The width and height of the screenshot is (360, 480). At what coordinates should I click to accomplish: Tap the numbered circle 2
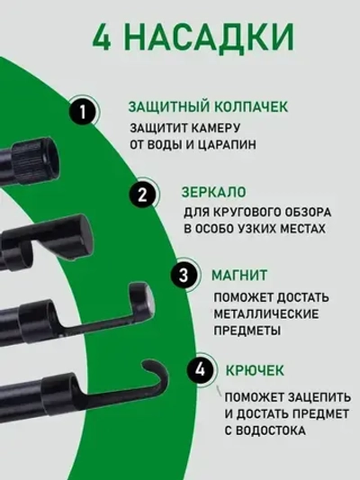140,194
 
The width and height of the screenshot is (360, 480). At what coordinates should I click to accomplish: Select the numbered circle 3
184,274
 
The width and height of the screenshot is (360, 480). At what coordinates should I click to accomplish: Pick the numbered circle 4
202,369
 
